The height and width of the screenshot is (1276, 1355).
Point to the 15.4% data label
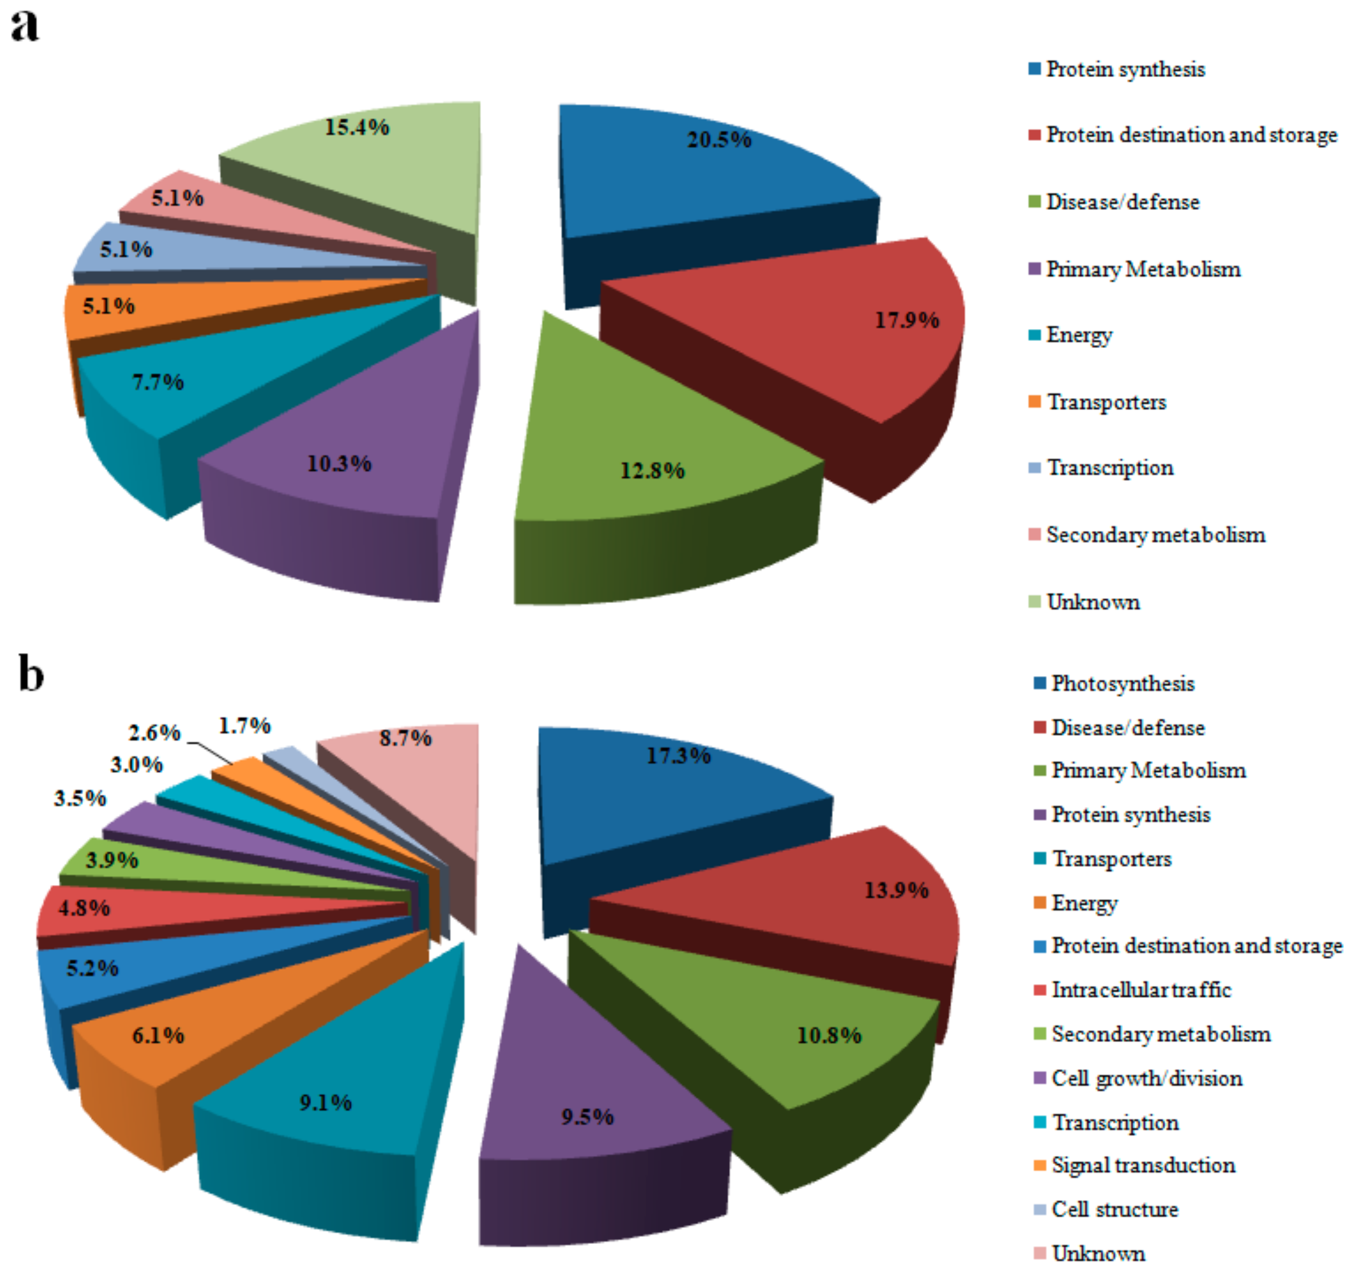point(356,127)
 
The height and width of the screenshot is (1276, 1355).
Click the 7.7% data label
point(158,382)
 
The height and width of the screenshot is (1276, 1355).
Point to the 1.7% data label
point(245,725)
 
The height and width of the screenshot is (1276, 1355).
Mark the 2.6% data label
point(155,733)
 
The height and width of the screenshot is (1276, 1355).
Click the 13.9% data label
point(896,890)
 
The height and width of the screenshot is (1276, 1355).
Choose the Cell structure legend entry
point(1114,1209)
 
